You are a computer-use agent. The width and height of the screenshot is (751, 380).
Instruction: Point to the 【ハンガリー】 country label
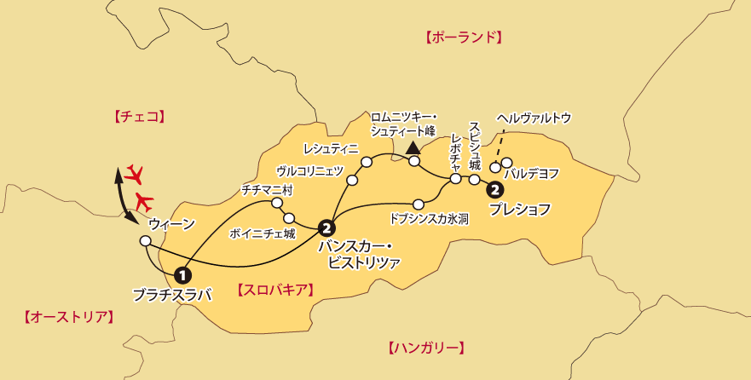pos(426,348)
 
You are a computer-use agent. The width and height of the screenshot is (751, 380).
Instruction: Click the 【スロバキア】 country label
pos(276,290)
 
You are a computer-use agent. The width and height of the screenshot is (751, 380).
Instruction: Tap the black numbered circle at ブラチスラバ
pos(182,275)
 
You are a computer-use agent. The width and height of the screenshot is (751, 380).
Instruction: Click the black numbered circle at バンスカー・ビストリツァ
pos(325,227)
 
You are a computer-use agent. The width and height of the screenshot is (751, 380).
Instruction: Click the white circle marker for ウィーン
pos(145,241)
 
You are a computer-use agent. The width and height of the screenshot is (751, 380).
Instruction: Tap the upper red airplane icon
pos(133,176)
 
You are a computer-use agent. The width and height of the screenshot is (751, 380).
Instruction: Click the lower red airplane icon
pos(145,203)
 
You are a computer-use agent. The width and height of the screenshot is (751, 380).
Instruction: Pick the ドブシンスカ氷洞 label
pos(429,218)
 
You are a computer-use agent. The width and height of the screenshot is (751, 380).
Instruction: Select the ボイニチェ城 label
pos(263,232)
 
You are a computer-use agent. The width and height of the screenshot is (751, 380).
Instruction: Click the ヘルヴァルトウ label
pos(534,118)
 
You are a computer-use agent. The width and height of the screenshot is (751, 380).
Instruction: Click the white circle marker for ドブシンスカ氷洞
pos(419,203)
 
